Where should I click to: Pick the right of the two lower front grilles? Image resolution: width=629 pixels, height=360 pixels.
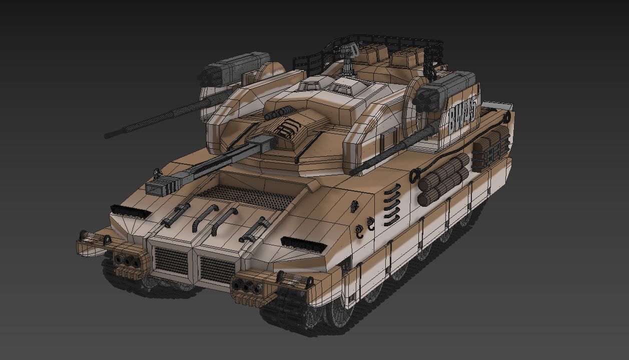pos(217,268)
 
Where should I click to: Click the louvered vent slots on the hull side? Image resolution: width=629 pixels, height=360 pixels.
pos(393,203)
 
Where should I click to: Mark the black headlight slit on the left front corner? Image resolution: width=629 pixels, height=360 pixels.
pos(130,212)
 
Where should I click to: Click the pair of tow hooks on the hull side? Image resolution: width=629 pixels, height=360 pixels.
pos(365,226)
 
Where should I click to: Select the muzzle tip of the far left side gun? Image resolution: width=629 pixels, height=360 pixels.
pos(108,135)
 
